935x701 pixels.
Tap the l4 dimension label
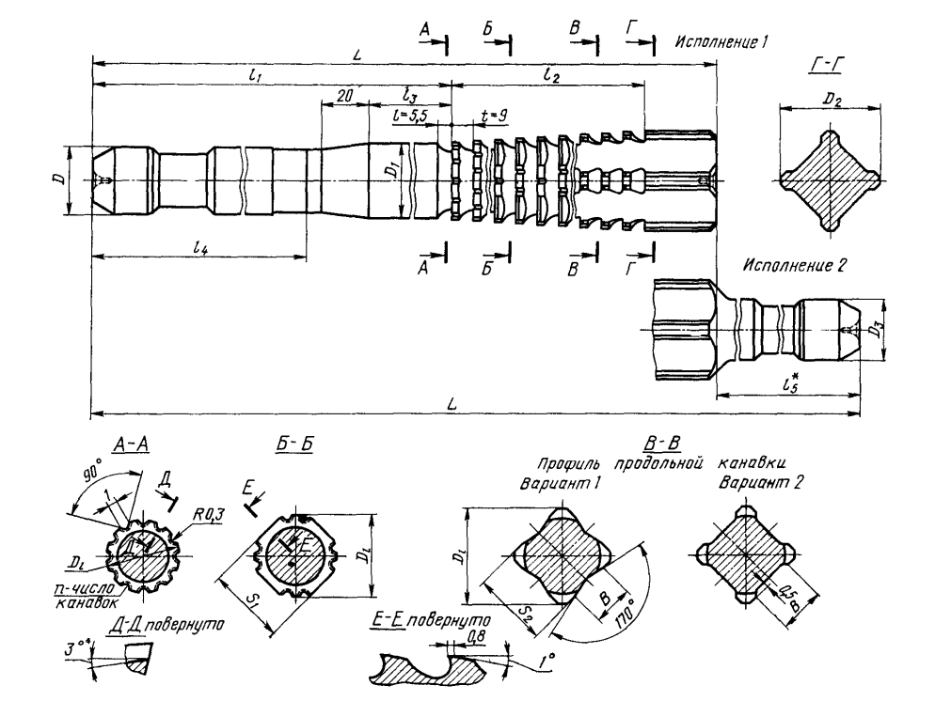pyautogui.click(x=198, y=248)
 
